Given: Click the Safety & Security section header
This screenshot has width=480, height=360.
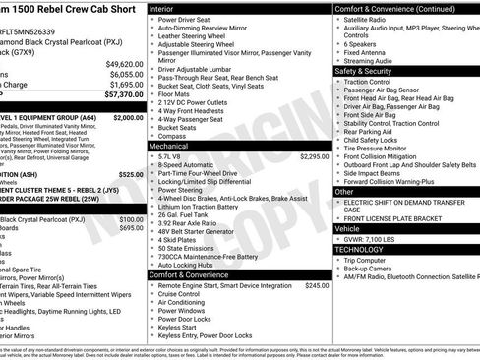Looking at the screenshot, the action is click(363, 71).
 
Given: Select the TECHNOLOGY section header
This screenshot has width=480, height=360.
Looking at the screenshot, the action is click(360, 249).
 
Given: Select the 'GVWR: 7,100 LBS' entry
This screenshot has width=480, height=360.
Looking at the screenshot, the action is click(375, 238).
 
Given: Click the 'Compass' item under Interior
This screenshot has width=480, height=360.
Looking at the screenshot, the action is click(169, 136).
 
